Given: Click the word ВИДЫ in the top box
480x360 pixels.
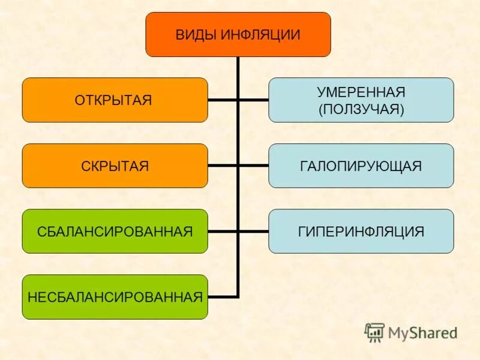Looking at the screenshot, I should pyautogui.click(x=196, y=35).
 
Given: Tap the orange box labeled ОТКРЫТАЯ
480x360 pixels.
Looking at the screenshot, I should pyautogui.click(x=115, y=100).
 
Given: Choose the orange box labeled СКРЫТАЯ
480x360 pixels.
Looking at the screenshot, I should pyautogui.click(x=115, y=166).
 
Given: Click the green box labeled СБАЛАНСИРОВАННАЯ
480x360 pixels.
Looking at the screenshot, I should pyautogui.click(x=115, y=231).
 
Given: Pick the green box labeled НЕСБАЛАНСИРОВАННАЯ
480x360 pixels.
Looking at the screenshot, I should pyautogui.click(x=115, y=296).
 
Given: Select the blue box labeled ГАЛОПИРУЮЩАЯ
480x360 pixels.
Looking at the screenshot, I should pyautogui.click(x=361, y=166).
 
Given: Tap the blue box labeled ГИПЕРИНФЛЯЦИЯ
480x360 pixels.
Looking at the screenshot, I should pyautogui.click(x=361, y=231).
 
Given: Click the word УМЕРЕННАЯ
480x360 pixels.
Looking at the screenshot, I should pyautogui.click(x=361, y=92).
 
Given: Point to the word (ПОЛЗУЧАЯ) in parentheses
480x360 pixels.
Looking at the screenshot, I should pyautogui.click(x=361, y=109).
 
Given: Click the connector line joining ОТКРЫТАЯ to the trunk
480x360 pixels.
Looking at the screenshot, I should pyautogui.click(x=223, y=100).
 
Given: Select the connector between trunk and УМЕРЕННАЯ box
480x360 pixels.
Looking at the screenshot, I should pyautogui.click(x=253, y=100).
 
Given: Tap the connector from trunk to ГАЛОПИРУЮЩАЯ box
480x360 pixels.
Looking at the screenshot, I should pyautogui.click(x=253, y=166).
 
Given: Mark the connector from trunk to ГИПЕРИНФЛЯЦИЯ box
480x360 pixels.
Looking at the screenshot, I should pyautogui.click(x=253, y=231).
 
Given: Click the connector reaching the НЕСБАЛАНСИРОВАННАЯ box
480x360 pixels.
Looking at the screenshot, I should pyautogui.click(x=223, y=296).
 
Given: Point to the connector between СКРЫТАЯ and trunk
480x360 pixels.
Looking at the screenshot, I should pyautogui.click(x=223, y=166).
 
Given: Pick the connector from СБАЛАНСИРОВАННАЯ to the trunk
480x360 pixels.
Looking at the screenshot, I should pyautogui.click(x=223, y=231).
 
